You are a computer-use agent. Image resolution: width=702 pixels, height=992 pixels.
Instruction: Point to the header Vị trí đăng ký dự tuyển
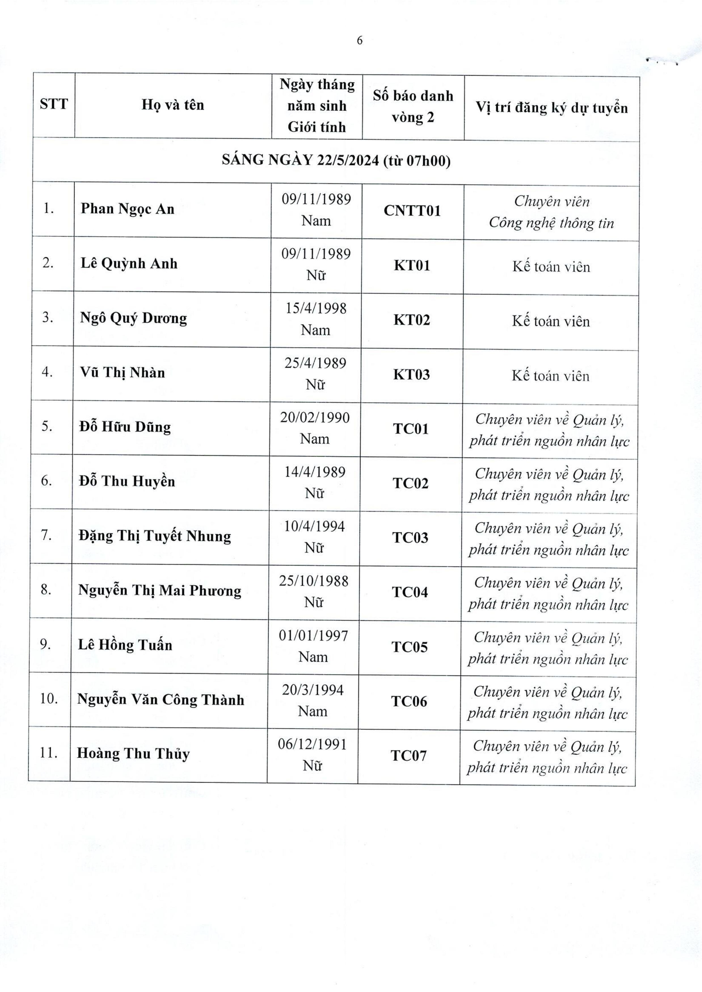(552, 107)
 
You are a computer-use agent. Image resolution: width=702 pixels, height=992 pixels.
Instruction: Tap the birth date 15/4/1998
(316, 308)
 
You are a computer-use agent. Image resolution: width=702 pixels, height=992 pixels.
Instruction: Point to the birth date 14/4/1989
(315, 472)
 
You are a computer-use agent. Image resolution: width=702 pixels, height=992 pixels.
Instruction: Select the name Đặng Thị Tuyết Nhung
(155, 536)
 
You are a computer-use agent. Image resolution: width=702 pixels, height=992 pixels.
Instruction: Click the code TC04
(410, 592)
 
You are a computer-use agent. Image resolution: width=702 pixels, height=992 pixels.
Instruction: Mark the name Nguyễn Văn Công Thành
(161, 700)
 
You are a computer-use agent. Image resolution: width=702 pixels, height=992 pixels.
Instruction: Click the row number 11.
(49, 753)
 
